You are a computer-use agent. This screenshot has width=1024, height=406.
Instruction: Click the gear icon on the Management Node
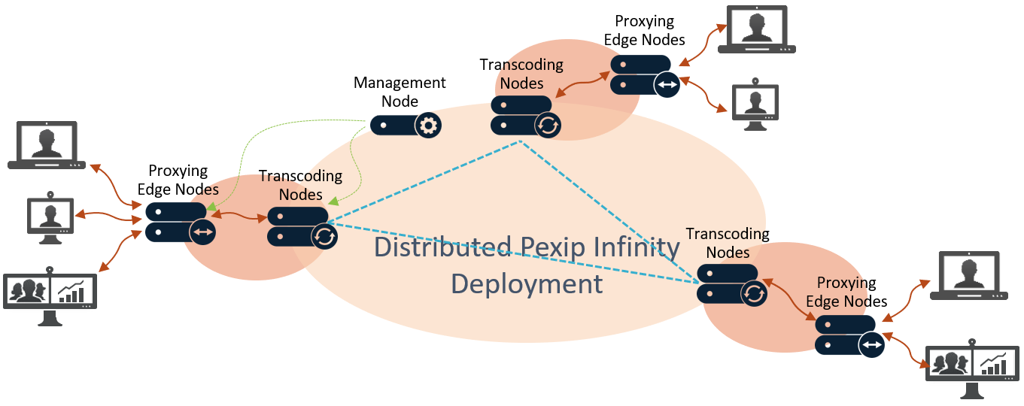coord(428,126)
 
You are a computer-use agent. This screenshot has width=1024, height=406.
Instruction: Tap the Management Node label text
coord(400,92)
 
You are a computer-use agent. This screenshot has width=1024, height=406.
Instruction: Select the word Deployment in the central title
coord(527,283)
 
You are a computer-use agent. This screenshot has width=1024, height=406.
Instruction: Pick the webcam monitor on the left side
coord(50,217)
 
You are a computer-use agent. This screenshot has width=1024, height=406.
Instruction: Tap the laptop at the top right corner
coord(755,29)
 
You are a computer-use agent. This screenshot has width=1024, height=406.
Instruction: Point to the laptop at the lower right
coord(969,276)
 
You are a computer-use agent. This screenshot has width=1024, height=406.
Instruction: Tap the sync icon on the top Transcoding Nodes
coord(548,125)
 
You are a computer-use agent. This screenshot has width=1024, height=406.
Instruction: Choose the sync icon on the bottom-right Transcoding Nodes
coord(754,293)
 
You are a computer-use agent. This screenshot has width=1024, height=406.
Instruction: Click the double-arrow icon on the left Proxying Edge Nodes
coord(203,232)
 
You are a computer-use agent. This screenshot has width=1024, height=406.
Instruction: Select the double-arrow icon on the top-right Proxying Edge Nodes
coord(667,85)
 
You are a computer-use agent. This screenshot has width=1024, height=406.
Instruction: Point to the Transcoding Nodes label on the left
coord(300,185)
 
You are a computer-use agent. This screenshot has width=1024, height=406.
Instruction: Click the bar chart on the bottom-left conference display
coord(74,291)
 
